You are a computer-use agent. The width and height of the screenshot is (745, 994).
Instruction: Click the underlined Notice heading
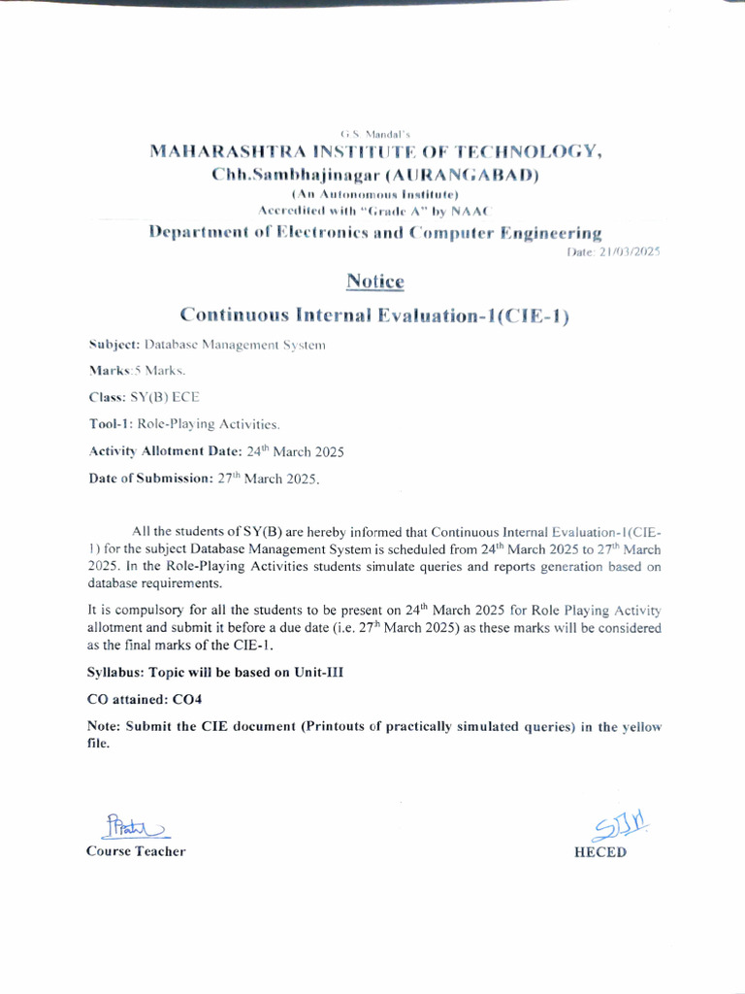coord(374,282)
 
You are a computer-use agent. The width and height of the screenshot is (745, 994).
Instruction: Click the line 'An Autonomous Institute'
coord(374,195)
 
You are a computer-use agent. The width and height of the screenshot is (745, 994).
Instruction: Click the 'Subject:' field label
coord(114,344)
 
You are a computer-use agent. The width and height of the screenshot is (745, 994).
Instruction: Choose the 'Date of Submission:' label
coord(150,479)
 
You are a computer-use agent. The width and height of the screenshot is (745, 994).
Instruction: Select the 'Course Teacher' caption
coord(136,851)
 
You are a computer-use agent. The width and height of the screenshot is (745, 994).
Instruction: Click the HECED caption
coord(600,852)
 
